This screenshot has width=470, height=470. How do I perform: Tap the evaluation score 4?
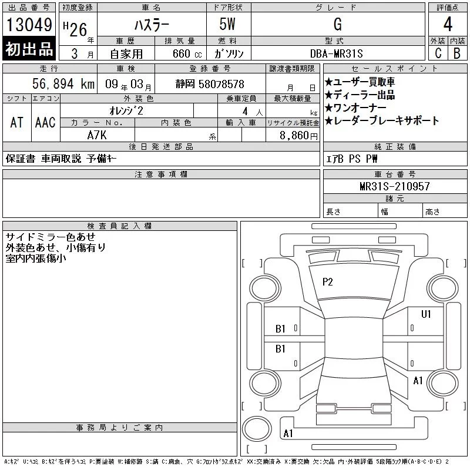coord(448,25)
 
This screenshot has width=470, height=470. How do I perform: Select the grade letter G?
coord(337,25)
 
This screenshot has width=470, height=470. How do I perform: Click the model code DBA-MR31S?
coord(337,52)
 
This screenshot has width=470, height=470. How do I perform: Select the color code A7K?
coord(98,135)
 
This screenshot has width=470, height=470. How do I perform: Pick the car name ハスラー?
coord(150,25)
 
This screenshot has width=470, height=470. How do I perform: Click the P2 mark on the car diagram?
coord(328,282)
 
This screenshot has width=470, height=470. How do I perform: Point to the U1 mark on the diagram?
coord(426,314)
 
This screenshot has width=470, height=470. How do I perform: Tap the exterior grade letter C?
coord(438,52)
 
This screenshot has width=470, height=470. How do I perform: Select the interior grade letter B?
coord(457,52)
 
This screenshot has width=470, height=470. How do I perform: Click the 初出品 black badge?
coord(29,50)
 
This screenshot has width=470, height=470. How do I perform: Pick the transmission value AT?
coord(16,122)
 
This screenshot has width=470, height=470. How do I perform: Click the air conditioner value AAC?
coord(45,122)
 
